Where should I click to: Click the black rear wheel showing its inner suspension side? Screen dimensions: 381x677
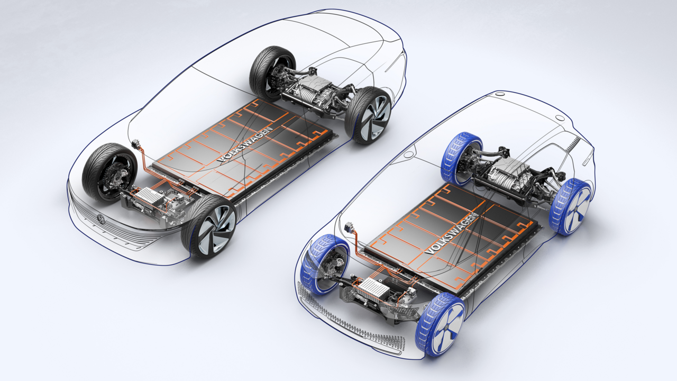pyautogui.click(x=272, y=73)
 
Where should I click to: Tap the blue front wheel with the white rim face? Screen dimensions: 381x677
pyautogui.click(x=440, y=323)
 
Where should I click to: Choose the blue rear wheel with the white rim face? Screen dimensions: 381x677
pyautogui.click(x=571, y=206)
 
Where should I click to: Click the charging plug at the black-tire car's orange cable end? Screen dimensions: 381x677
pyautogui.click(x=134, y=144)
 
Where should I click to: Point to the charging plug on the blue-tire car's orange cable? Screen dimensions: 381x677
pyautogui.click(x=350, y=228)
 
